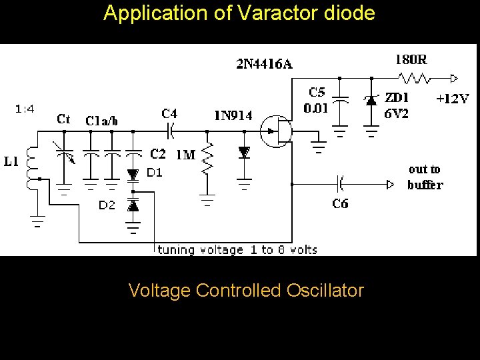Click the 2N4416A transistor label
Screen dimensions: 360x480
click(x=264, y=64)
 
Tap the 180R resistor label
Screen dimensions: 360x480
click(x=411, y=59)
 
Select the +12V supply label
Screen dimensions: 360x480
click(x=452, y=99)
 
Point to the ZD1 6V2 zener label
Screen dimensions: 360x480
click(x=397, y=105)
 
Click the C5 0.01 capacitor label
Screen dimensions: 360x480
click(x=315, y=100)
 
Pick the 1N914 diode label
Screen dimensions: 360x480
click(x=233, y=115)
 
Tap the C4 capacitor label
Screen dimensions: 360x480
click(x=169, y=113)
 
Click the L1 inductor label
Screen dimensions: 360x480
click(x=11, y=161)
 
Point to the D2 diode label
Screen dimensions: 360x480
click(x=107, y=205)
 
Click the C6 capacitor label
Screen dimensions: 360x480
click(x=340, y=203)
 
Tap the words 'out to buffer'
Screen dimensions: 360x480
click(x=425, y=177)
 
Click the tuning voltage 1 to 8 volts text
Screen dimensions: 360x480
click(x=237, y=250)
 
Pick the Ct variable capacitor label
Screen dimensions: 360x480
click(x=64, y=119)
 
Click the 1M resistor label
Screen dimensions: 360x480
click(x=185, y=155)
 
